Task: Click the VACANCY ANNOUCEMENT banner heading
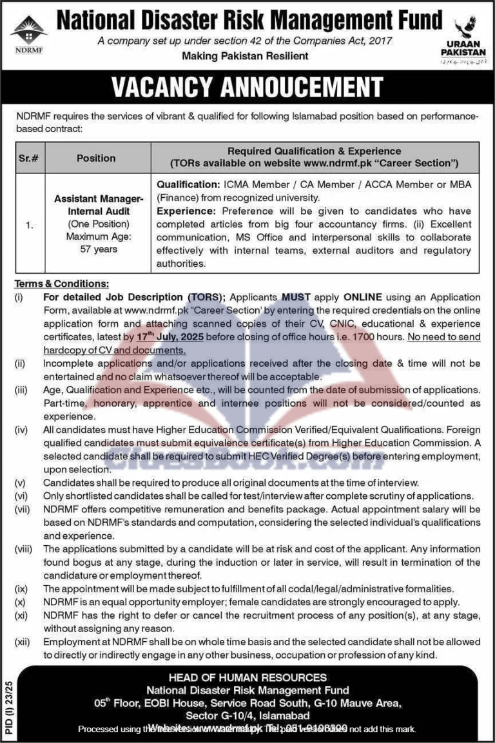(247, 87)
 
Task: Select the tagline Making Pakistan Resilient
(245, 56)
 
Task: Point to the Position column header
(96, 158)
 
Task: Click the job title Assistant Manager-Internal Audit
(98, 205)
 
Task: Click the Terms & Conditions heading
(62, 284)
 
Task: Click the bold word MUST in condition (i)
(296, 297)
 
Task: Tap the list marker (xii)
(24, 642)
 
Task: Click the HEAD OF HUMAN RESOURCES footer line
(247, 678)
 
